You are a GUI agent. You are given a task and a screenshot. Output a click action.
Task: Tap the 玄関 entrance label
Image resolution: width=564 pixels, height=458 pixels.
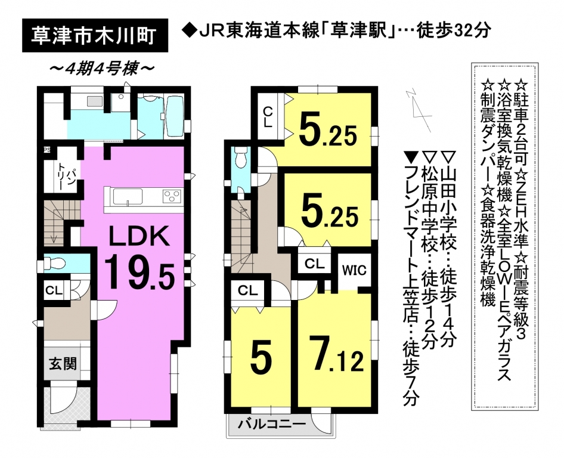click(x=63, y=364)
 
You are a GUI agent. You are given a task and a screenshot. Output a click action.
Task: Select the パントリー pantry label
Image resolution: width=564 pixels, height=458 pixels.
click(x=66, y=175)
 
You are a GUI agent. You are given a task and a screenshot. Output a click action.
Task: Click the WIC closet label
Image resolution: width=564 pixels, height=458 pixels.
click(x=354, y=270)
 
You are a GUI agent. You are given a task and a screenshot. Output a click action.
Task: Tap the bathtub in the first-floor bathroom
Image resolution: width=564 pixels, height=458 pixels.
click(x=175, y=114)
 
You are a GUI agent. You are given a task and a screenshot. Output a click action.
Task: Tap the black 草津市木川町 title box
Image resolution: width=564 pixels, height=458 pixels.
click(x=95, y=35)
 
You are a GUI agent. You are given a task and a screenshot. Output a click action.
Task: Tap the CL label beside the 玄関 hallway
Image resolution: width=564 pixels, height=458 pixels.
click(x=54, y=290)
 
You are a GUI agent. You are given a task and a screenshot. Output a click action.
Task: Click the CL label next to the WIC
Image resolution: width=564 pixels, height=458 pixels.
click(x=315, y=264)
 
